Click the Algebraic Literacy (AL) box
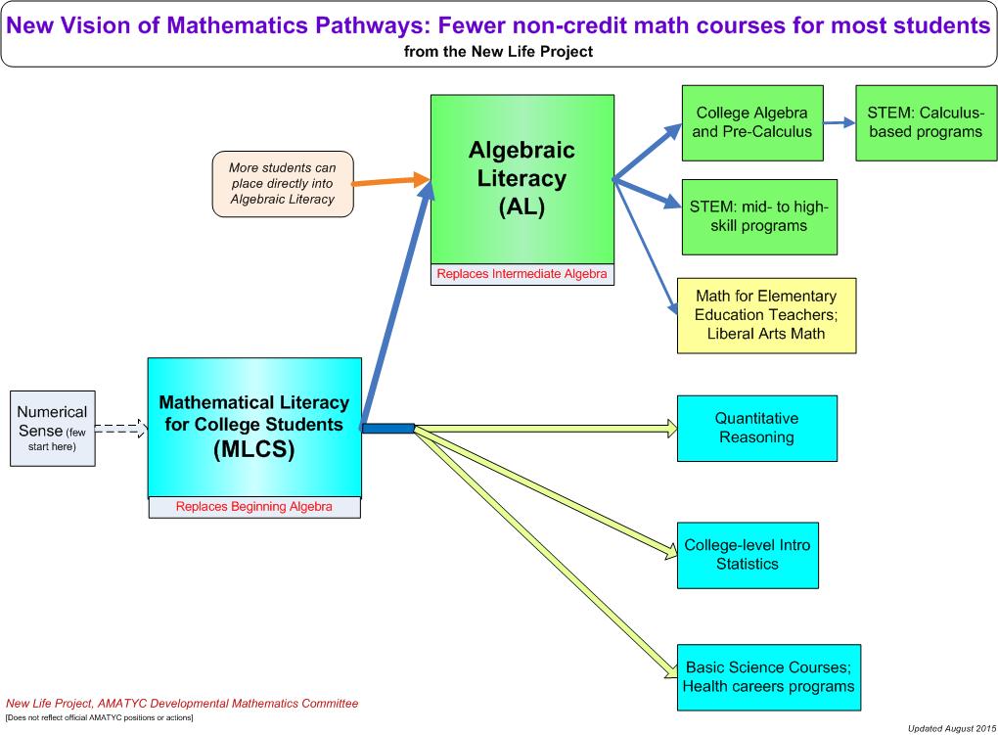[522, 179]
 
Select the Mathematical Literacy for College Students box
[254, 427]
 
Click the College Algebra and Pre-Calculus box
[751, 122]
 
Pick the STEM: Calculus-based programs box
[925, 122]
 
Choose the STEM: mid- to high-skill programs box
[759, 216]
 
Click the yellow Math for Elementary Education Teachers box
[766, 314]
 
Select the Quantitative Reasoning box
[756, 428]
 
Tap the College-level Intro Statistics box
[747, 555]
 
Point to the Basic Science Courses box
[768, 676]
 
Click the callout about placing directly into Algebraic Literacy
[283, 183]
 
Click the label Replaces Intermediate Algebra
[522, 274]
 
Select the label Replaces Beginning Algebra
[254, 507]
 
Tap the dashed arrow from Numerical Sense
[120, 429]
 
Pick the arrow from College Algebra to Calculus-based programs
[839, 123]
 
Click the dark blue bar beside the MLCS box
[387, 428]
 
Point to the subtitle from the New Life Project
[498, 52]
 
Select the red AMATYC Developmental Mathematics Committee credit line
[182, 703]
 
